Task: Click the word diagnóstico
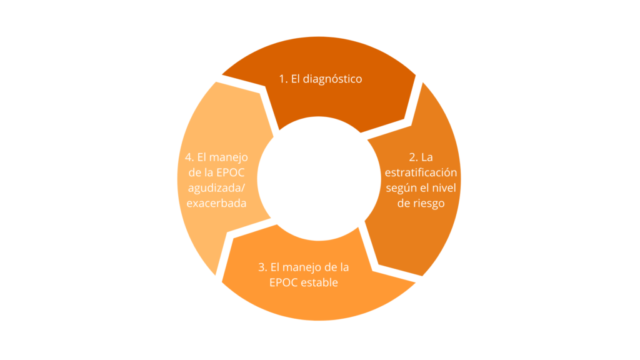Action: (x=332, y=79)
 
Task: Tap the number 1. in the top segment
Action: (x=283, y=79)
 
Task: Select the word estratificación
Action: (x=421, y=172)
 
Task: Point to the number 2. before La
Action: (x=414, y=157)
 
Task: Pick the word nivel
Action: (x=444, y=187)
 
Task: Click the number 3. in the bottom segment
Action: (x=263, y=267)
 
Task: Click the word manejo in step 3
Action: (x=301, y=267)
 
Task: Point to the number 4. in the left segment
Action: (x=189, y=157)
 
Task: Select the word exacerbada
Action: (x=216, y=203)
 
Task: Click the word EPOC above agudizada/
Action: (x=230, y=172)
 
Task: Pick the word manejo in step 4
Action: (x=230, y=157)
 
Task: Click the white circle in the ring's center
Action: (x=319, y=178)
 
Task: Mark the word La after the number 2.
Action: (x=427, y=157)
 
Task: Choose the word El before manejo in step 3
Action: (x=275, y=267)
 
